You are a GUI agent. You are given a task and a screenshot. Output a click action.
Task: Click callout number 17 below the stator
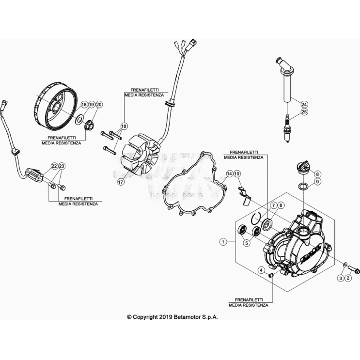coord(121,182)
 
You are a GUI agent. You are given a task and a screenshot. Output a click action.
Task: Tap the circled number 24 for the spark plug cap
coord(304,105)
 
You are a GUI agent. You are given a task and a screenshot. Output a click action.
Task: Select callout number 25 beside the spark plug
coord(304,112)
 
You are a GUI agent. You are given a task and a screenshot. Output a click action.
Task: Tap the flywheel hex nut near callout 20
coord(89,126)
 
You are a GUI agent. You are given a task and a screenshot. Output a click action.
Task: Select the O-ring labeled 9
coord(303,186)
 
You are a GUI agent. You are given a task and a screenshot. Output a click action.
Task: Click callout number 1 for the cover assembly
coord(223,242)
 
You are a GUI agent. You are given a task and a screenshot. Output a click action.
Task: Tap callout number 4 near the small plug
coord(261,270)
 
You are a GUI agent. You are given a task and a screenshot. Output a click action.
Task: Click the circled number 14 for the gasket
coord(229,174)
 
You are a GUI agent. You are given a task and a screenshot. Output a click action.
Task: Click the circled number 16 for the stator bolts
coord(124,126)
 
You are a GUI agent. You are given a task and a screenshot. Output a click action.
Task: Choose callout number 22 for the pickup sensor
coord(54,166)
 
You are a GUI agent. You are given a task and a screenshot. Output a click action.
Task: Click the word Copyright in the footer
coord(146,317)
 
